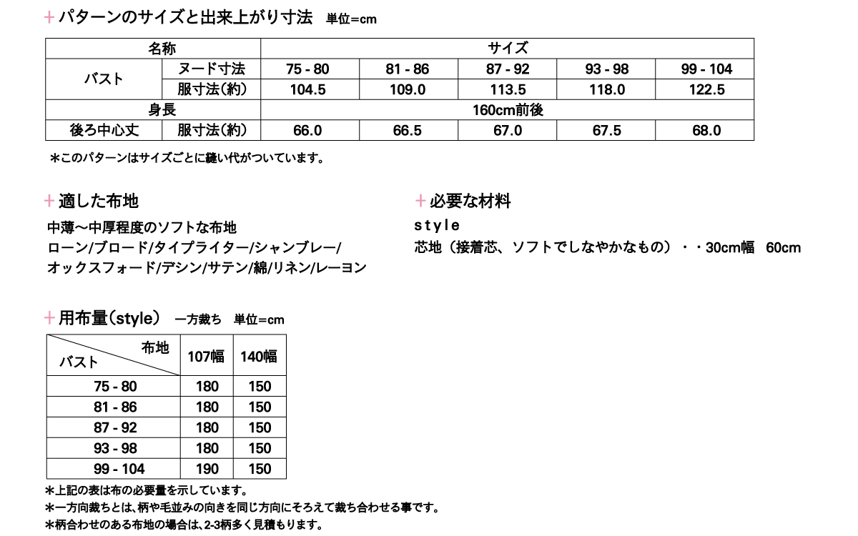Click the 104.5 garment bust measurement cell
[x=307, y=89]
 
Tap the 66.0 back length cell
[x=307, y=131]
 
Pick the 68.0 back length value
[x=706, y=131]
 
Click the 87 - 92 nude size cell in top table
[x=508, y=69]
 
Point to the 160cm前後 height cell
[x=508, y=111]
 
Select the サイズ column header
[x=508, y=49]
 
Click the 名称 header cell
[x=162, y=49]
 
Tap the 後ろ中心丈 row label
[x=103, y=131]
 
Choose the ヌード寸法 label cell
[x=211, y=69]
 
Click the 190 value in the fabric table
[x=207, y=469]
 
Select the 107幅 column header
[x=207, y=356]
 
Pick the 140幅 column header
[x=260, y=356]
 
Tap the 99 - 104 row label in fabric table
[x=119, y=469]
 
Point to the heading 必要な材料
[x=470, y=202]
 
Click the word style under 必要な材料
[x=437, y=226]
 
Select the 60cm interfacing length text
[x=783, y=248]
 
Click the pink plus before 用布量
[x=49, y=318]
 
